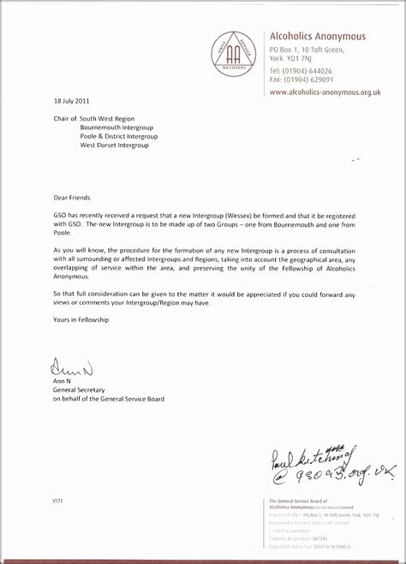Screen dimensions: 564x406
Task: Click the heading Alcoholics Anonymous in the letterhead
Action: (317, 37)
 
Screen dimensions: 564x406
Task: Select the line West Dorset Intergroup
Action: (114, 145)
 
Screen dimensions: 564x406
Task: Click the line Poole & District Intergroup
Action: (119, 136)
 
